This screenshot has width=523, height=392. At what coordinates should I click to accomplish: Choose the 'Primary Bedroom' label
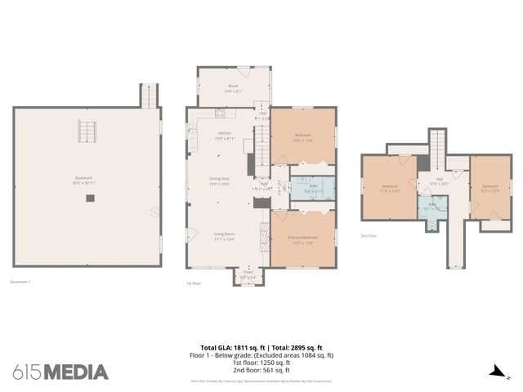302,238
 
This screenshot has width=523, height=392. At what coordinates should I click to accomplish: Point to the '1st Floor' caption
194,283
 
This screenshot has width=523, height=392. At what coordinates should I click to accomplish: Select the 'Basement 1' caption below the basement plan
20,283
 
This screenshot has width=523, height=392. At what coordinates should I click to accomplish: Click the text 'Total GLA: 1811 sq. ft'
230,347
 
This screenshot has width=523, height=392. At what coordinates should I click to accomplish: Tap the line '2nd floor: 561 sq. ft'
267,370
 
